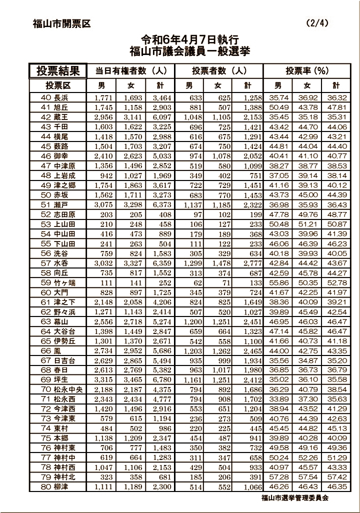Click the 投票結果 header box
pyautogui.click(x=58, y=71)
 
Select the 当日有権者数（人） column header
pyautogui.click(x=130, y=71)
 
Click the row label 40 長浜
pyautogui.click(x=54, y=97)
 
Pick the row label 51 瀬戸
pyautogui.click(x=54, y=205)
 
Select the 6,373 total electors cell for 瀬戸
pyautogui.click(x=161, y=205)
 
